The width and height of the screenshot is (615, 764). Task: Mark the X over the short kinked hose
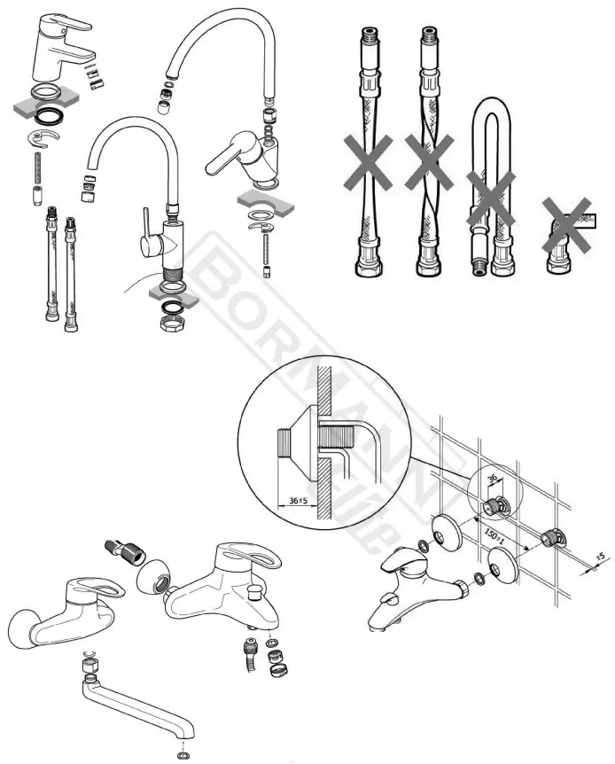567,220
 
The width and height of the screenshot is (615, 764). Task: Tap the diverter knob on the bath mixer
254,589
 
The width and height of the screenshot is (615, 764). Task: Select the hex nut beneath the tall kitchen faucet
171,324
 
